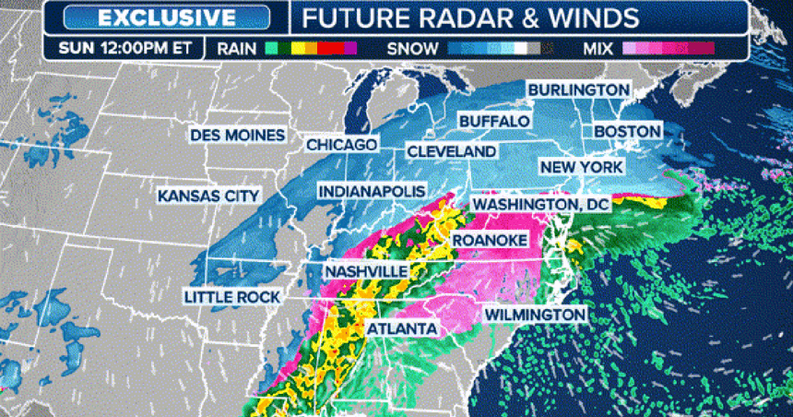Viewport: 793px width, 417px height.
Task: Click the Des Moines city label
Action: point(237,135)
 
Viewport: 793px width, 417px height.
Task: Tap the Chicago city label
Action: point(341,145)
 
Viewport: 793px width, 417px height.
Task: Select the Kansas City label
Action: point(208,196)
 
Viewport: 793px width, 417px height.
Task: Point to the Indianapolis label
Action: point(372,191)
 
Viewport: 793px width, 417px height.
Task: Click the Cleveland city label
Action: point(452,150)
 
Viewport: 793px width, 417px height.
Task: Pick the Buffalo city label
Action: point(494,121)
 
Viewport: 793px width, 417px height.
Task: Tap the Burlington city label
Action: point(577,89)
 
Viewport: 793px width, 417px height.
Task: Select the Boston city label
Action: point(627,132)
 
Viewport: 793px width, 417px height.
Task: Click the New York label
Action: point(581,167)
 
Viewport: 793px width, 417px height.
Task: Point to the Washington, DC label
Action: point(539,203)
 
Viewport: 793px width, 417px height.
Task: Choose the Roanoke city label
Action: point(489,240)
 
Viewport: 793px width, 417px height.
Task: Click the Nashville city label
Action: point(366,271)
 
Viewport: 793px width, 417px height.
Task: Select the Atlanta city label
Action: point(401,328)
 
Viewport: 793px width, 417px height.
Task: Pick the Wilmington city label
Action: point(535,315)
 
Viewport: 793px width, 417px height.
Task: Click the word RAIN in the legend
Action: point(239,47)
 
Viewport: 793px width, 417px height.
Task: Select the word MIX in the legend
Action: point(599,47)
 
